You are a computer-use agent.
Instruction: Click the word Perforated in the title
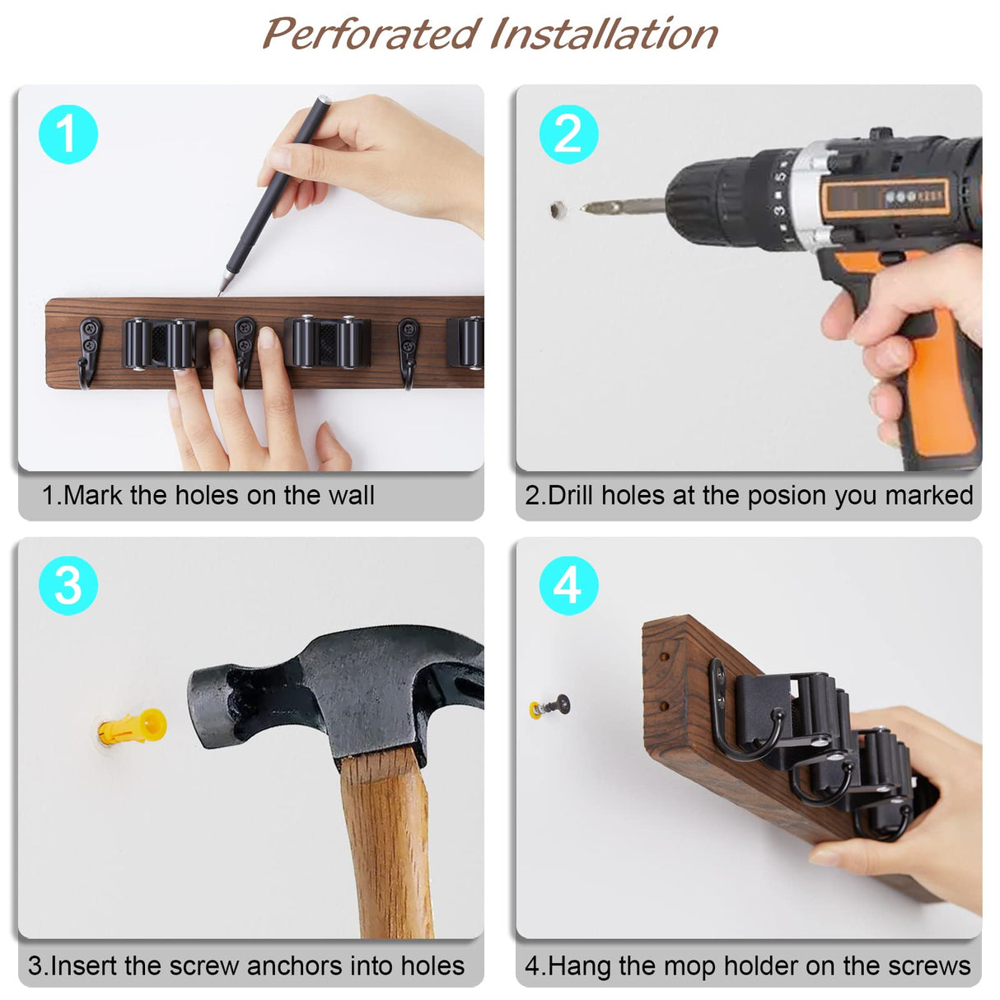point(370,35)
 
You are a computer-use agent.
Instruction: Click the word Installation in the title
point(604,35)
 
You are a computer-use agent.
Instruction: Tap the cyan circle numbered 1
point(68,134)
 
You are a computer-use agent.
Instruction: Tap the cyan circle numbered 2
point(568,134)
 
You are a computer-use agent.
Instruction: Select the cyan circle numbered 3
point(68,586)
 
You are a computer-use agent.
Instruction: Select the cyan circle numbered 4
point(568,586)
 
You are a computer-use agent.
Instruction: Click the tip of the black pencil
point(222,291)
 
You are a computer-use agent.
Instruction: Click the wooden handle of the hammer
point(387,848)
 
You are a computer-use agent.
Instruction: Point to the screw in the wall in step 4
point(554,706)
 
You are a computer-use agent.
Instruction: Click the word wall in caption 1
point(351,495)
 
